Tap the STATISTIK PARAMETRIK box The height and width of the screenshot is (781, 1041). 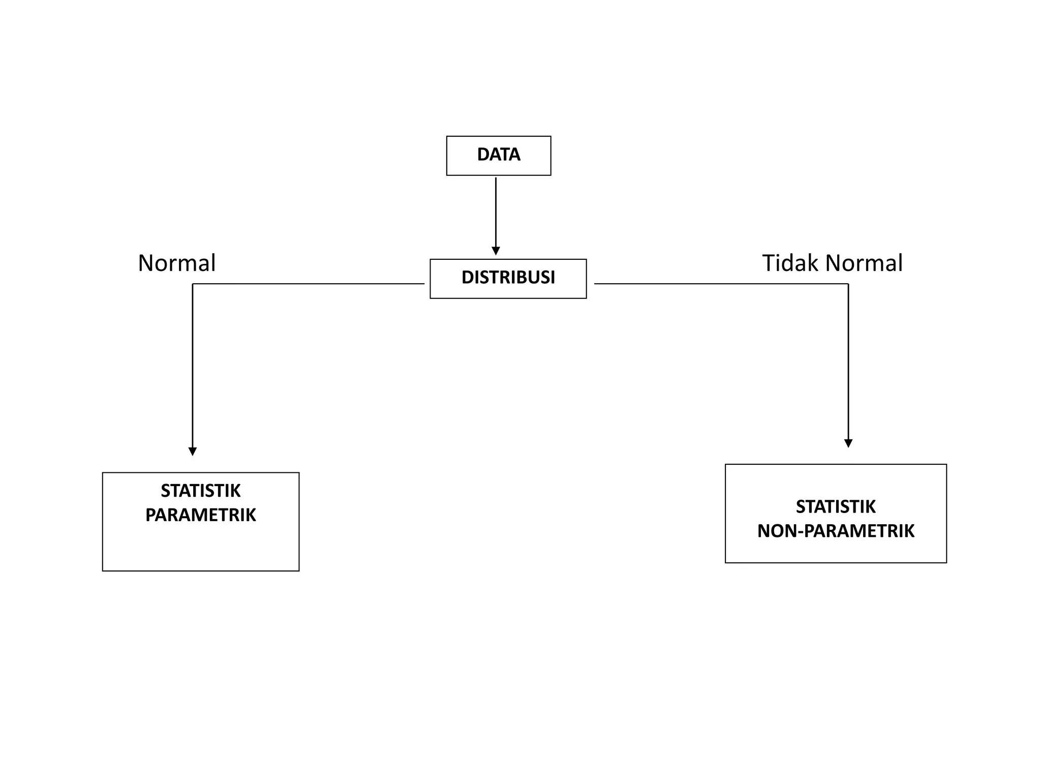coord(200,547)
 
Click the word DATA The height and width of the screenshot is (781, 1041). coord(498,154)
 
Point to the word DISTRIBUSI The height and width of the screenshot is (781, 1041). coord(508,277)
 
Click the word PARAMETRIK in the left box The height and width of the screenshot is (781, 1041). coord(200,515)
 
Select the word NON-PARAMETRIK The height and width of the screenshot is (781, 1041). coord(835,531)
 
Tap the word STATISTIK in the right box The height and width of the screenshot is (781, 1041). coord(835,506)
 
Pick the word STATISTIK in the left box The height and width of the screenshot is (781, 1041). coord(200,491)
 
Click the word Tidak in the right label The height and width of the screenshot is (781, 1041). coord(790,263)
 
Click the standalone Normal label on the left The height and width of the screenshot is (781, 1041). coord(176,263)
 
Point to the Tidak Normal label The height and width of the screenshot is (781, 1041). coord(832,263)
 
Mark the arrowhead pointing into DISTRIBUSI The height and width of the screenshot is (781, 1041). coord(496,251)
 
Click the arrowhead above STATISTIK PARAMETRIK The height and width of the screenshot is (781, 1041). coord(192,451)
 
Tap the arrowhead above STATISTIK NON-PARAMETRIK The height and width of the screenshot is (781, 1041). coord(848,443)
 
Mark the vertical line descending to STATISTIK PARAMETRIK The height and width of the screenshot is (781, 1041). coord(192,366)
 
